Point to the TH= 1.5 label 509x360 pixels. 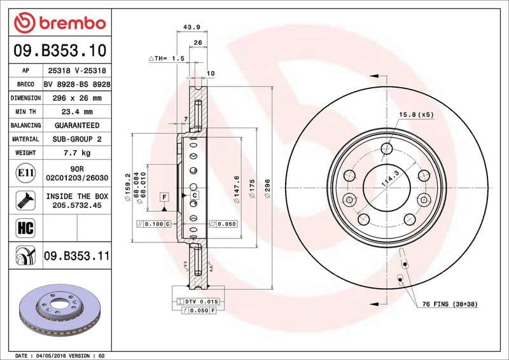pyautogui.click(x=167, y=59)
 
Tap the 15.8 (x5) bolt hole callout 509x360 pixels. pyautogui.click(x=416, y=114)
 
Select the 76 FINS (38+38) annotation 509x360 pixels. pyautogui.click(x=450, y=305)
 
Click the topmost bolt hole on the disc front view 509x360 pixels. pyautogui.click(x=387, y=149)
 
